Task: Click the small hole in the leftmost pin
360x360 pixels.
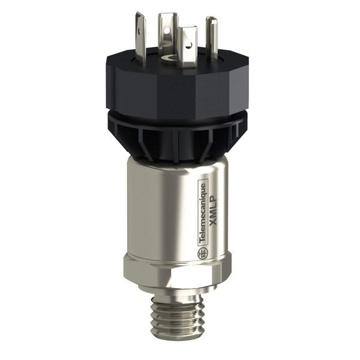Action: [x=139, y=29]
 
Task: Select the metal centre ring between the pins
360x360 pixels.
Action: [x=168, y=59]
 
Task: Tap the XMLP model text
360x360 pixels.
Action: [x=214, y=211]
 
